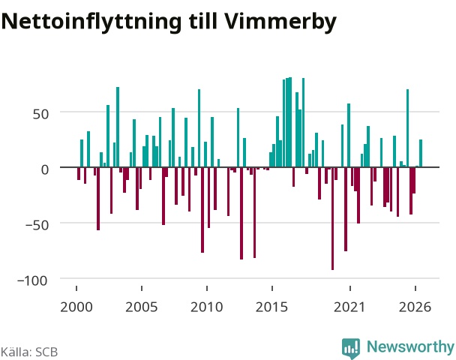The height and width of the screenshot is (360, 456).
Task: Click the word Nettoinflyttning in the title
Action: click(x=91, y=22)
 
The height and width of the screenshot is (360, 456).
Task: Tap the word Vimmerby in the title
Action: click(x=279, y=22)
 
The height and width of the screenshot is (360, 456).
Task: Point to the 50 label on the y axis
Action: click(x=40, y=114)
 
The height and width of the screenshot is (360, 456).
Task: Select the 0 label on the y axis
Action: click(x=45, y=169)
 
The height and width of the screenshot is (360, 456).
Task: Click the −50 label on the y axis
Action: click(x=37, y=225)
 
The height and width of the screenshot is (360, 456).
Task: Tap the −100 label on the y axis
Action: click(x=32, y=280)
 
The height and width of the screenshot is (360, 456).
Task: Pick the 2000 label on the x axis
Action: click(x=76, y=307)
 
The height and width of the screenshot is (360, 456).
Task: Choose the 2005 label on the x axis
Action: click(x=141, y=307)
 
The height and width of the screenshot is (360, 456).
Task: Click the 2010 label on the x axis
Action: click(x=206, y=307)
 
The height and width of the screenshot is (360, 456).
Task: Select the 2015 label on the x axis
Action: click(x=271, y=307)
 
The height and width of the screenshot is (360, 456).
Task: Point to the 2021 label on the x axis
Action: click(x=349, y=307)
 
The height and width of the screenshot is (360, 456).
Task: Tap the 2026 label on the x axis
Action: click(x=415, y=307)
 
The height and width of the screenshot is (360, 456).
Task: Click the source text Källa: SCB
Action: click(x=29, y=352)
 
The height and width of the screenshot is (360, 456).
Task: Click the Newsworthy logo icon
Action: click(x=351, y=348)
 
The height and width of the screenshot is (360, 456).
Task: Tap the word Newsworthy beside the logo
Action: click(x=410, y=346)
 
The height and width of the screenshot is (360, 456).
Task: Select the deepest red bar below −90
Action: click(x=333, y=218)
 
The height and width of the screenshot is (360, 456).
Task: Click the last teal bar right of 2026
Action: click(x=421, y=153)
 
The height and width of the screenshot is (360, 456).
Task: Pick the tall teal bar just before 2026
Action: click(x=408, y=128)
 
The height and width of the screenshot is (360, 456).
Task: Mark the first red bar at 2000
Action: click(x=79, y=173)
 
